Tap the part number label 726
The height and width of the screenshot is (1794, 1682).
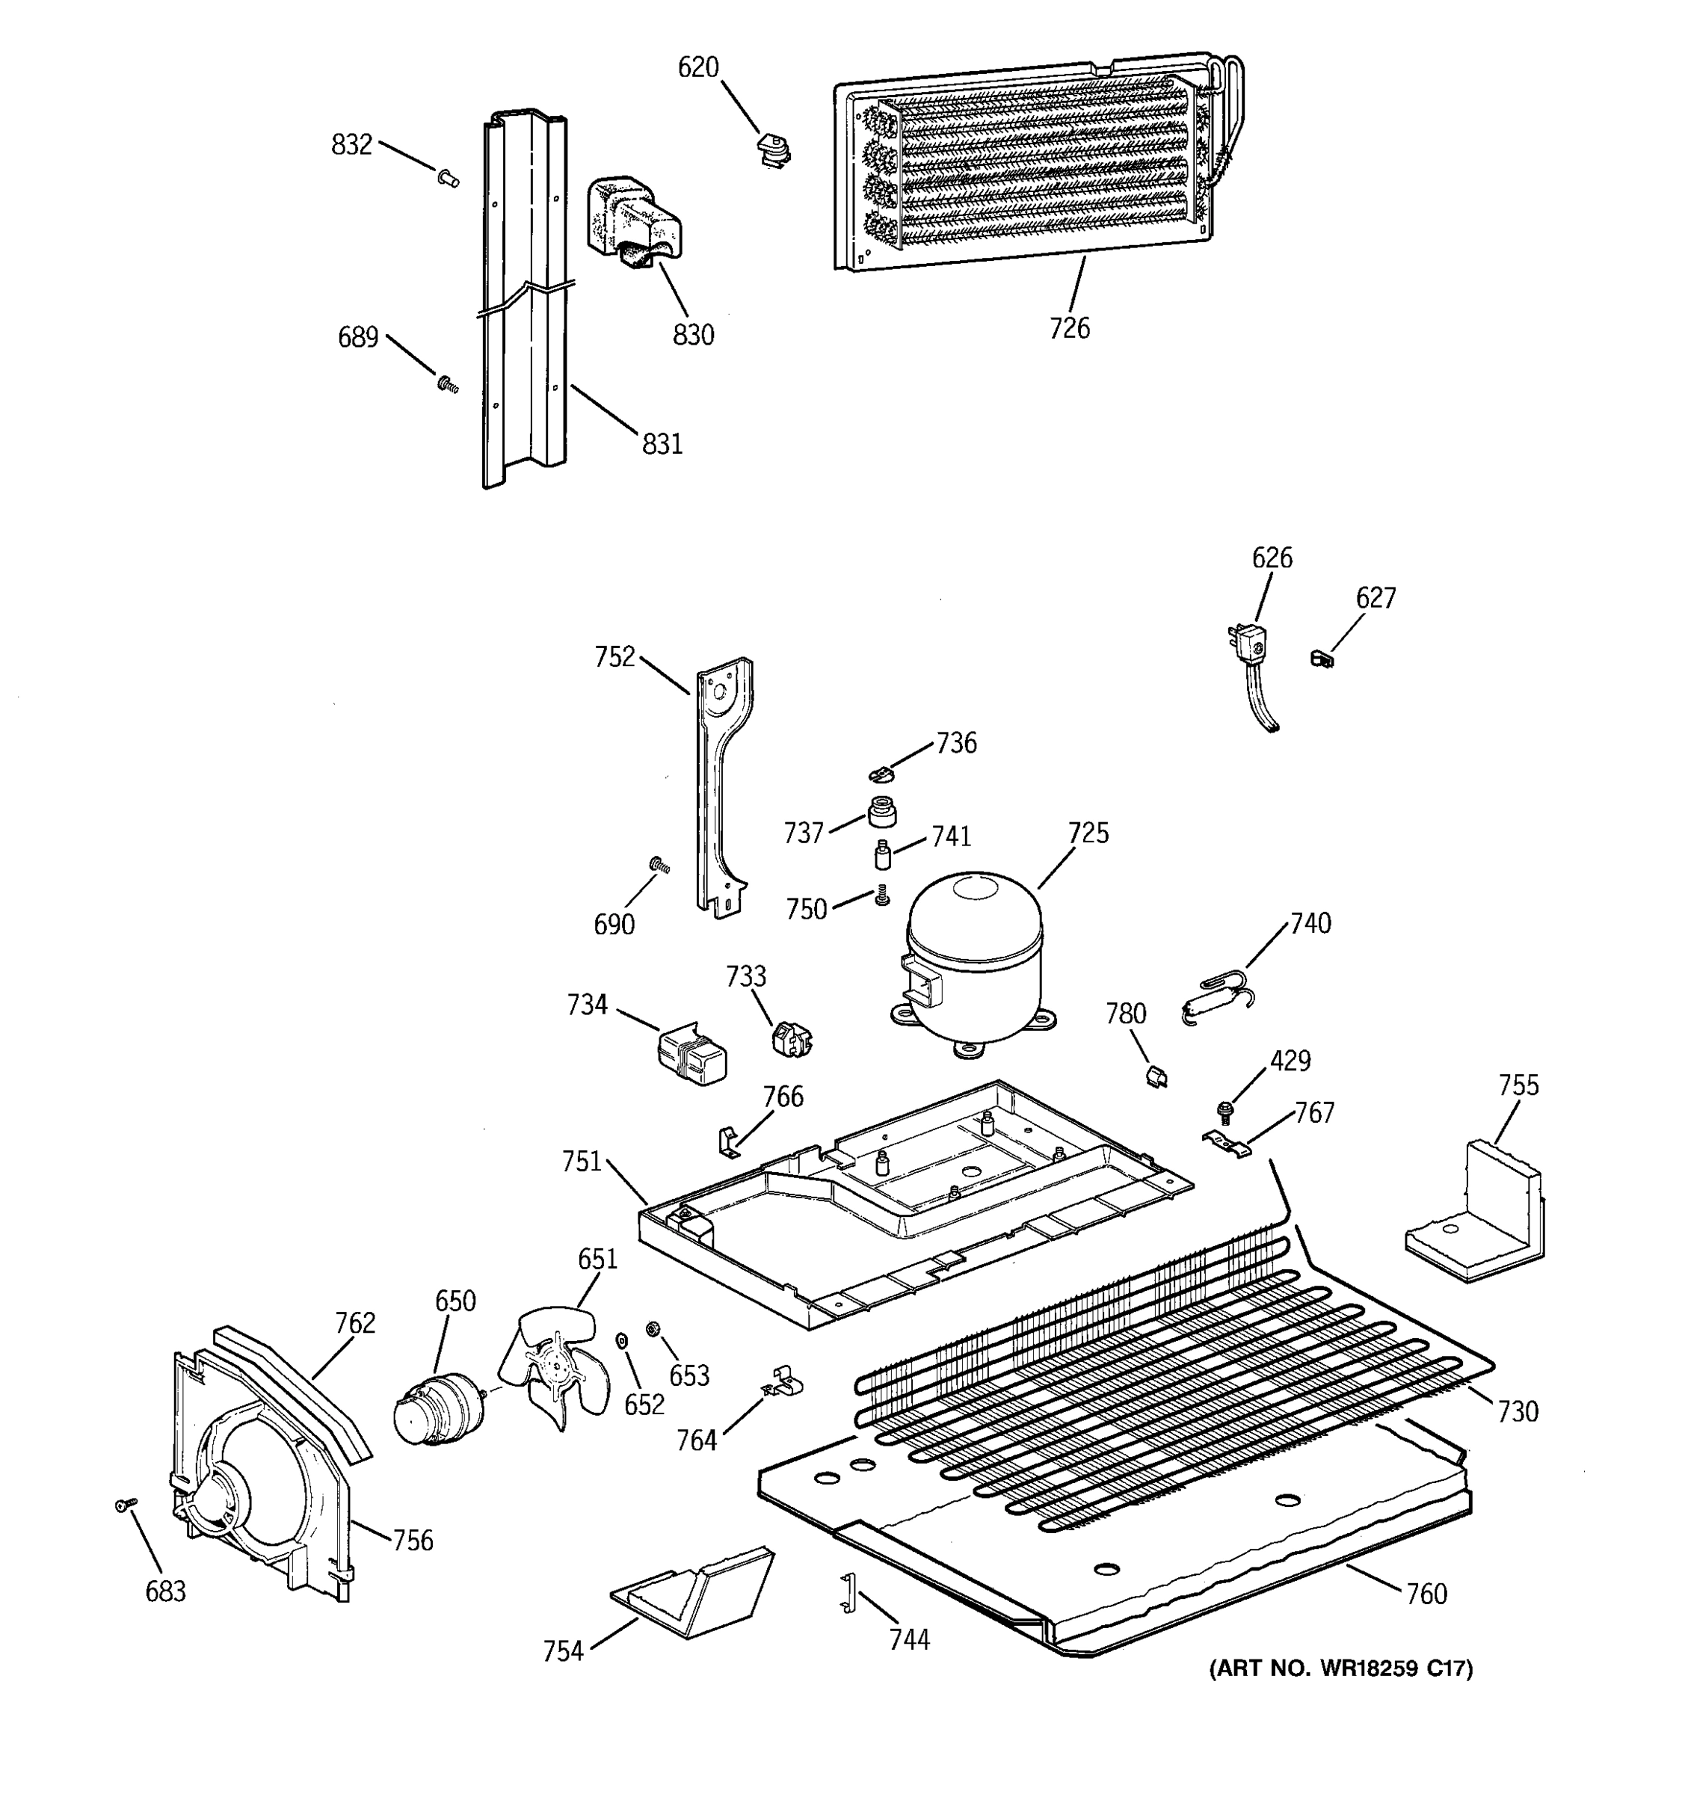(x=1069, y=327)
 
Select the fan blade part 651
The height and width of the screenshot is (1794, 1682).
(x=552, y=1368)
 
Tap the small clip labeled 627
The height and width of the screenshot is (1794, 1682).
(x=1321, y=659)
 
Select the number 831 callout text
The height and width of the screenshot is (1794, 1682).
(x=662, y=444)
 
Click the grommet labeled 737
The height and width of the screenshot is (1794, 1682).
(x=881, y=810)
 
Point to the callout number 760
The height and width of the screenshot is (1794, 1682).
(x=1426, y=1594)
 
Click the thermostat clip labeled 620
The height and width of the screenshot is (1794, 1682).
(x=773, y=151)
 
